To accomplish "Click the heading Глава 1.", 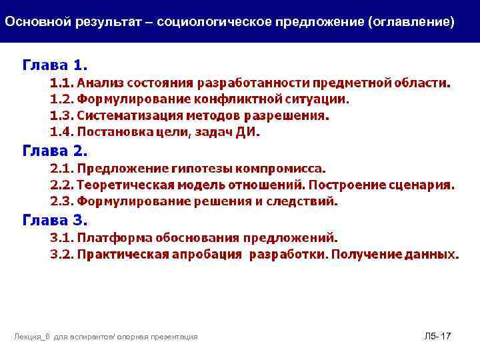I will [x=55, y=65].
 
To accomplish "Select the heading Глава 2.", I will [x=55, y=151].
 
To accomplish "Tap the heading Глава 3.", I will [x=55, y=220].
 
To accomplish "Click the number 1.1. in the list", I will [x=62, y=83].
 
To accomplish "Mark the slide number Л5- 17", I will [x=437, y=337].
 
